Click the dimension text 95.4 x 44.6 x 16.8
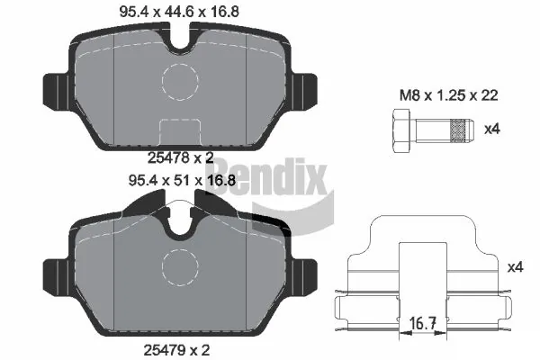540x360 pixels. [x=179, y=12]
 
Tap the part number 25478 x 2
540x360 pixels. [x=181, y=158]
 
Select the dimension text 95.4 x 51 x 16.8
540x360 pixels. [x=182, y=180]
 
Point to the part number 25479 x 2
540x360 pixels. [x=176, y=350]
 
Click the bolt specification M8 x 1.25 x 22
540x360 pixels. [x=449, y=95]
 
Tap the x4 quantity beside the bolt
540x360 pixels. [x=492, y=130]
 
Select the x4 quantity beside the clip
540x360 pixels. [x=516, y=267]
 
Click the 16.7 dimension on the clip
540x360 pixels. [x=423, y=324]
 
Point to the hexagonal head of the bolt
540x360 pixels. [x=401, y=130]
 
